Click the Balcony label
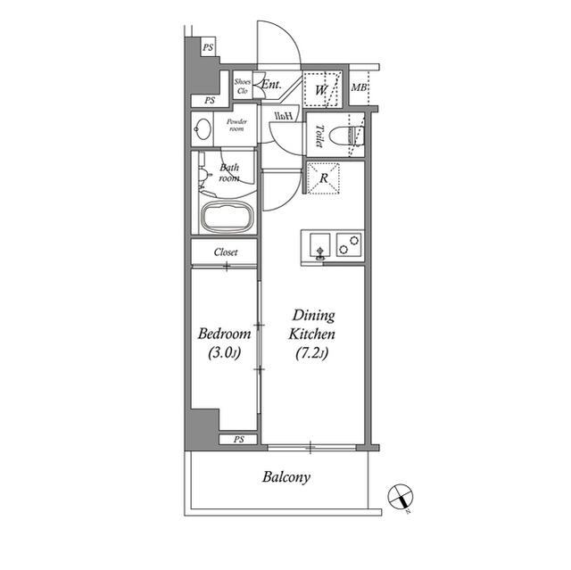click(x=286, y=477)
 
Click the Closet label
click(x=226, y=252)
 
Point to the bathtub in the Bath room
click(x=228, y=216)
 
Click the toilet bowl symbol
click(x=344, y=136)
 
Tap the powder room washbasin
click(x=203, y=130)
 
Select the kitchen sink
click(x=317, y=243)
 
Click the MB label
click(x=359, y=87)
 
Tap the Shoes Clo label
click(x=243, y=87)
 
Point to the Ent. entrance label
click(x=272, y=86)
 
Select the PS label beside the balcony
click(x=239, y=440)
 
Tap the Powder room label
click(x=236, y=125)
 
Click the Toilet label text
click(x=319, y=136)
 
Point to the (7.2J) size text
click(x=310, y=354)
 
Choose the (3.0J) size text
click(x=222, y=354)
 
